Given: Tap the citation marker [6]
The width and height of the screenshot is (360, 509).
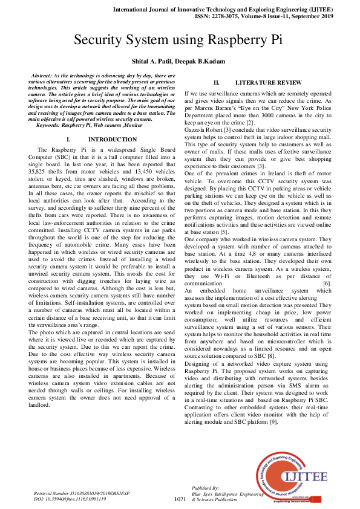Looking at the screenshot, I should (327, 283).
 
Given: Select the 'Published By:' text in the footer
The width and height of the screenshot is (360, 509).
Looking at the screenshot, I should (205, 487).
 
